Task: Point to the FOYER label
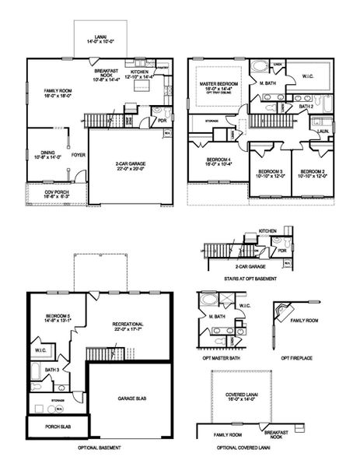[79, 155]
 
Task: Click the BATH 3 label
[53, 369]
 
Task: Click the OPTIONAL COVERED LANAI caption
[244, 449]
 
